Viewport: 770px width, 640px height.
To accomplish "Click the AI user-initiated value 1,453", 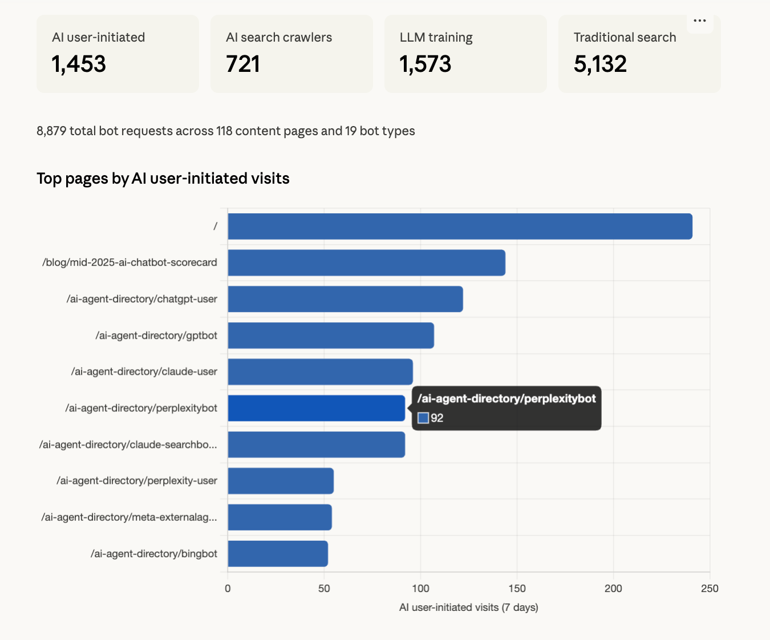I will click(x=79, y=64).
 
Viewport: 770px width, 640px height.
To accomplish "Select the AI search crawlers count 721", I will click(x=243, y=64).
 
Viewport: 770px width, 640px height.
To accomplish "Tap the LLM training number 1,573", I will click(x=425, y=64).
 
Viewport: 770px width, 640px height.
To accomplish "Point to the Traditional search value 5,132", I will click(x=600, y=64).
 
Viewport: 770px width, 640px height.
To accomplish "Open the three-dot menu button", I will click(x=700, y=21).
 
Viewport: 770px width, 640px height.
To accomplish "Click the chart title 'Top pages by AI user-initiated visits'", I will click(x=163, y=179).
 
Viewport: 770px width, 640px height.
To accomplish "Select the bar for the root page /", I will click(x=460, y=226).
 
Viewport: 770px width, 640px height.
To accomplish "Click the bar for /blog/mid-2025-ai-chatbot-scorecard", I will click(x=366, y=263).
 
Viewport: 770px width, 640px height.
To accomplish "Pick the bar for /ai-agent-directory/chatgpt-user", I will click(x=345, y=299).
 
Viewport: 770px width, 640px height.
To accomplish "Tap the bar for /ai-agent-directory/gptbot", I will click(x=331, y=335).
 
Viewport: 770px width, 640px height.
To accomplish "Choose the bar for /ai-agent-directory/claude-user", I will click(x=320, y=372).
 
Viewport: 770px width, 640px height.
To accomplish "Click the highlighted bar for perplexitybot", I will click(x=316, y=408).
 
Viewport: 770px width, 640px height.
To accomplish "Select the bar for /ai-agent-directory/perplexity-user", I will click(x=281, y=481).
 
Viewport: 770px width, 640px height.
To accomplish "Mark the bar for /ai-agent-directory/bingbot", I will click(x=278, y=554).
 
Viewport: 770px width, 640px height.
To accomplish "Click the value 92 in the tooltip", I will click(x=437, y=418).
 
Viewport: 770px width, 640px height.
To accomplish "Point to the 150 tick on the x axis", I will click(x=517, y=589).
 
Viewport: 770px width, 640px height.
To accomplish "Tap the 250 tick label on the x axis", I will click(x=710, y=589).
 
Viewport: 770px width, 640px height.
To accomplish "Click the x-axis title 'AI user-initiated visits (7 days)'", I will click(x=468, y=607).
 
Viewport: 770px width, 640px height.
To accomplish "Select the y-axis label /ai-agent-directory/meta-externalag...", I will click(x=129, y=517).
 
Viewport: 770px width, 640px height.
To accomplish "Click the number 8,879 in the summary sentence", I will click(x=51, y=131).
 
